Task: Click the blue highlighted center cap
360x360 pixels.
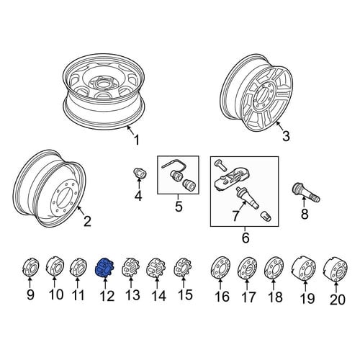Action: tap(104, 268)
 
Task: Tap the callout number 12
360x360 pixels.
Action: tap(107, 296)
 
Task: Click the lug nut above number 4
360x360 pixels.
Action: tap(140, 173)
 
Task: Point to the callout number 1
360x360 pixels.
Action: tap(137, 140)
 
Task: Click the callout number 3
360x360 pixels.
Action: tap(286, 136)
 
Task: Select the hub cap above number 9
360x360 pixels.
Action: tap(30, 267)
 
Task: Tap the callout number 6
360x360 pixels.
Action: tap(246, 238)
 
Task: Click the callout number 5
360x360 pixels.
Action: tap(179, 206)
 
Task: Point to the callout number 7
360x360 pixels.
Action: tap(235, 215)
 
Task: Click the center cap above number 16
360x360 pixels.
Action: tap(220, 269)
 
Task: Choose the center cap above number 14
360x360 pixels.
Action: tap(156, 268)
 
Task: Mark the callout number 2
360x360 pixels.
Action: tap(87, 221)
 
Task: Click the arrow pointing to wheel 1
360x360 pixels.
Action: tap(131, 130)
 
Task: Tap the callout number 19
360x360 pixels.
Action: tap(307, 298)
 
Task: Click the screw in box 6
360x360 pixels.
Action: tap(220, 165)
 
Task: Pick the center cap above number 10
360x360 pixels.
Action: tap(55, 266)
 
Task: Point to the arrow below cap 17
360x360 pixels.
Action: tap(247, 284)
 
